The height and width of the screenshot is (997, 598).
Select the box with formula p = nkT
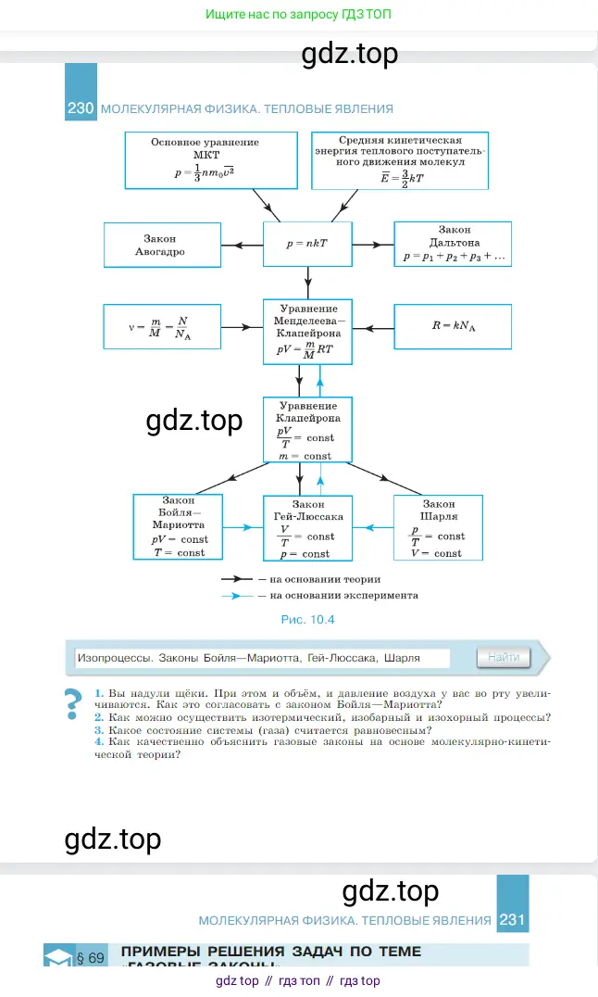point(307,245)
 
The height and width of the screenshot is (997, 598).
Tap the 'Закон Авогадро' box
point(162,245)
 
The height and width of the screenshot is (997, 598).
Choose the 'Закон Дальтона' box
point(453,245)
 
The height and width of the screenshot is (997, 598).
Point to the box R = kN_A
point(453,326)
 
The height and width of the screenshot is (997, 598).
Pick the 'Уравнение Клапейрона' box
point(307,430)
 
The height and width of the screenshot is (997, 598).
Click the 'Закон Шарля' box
point(439,527)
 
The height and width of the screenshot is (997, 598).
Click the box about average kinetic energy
point(400,159)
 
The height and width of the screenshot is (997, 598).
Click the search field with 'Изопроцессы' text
point(260,658)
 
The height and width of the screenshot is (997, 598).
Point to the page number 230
point(81,108)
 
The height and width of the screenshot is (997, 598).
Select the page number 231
point(513,920)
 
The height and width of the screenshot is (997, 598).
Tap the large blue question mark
point(72,705)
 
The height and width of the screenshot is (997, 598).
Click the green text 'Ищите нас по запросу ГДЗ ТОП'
point(305,16)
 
